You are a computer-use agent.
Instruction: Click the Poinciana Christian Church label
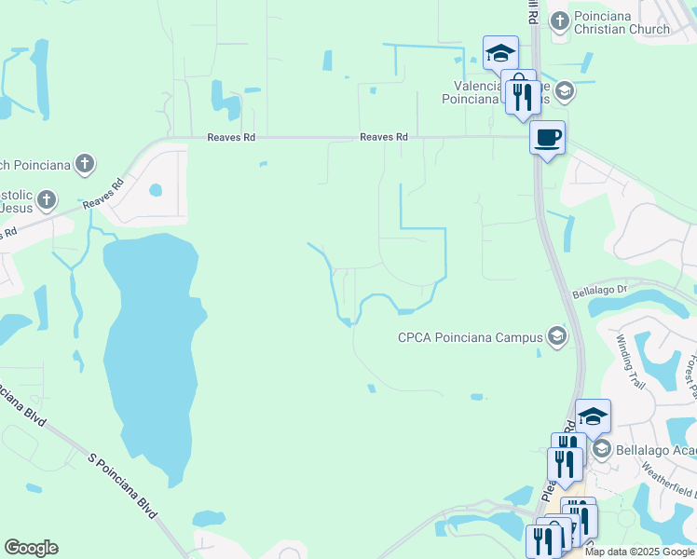click(622, 22)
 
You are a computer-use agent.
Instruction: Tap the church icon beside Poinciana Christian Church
click(559, 20)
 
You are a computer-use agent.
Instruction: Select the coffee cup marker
click(547, 138)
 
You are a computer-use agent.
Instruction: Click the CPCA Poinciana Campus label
click(471, 336)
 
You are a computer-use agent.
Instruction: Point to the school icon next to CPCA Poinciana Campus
click(557, 335)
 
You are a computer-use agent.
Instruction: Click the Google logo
click(31, 548)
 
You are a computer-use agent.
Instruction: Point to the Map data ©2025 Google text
click(639, 552)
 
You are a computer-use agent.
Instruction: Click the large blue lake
click(149, 354)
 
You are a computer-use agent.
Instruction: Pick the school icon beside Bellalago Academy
click(601, 450)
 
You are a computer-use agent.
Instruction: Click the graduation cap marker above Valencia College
click(500, 52)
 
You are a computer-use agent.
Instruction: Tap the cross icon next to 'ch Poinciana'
click(84, 165)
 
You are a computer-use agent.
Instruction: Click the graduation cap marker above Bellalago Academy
click(593, 416)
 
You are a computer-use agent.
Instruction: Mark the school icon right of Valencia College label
click(563, 91)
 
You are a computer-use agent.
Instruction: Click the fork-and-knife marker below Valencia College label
click(522, 97)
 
